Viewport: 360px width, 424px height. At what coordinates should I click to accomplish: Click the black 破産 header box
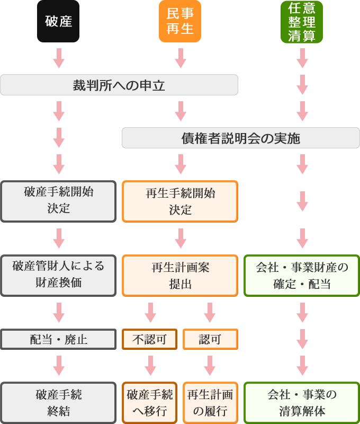click(58, 21)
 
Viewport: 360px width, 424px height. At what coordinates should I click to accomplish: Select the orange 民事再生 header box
click(180, 21)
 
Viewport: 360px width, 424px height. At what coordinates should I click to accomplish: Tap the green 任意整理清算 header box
click(302, 21)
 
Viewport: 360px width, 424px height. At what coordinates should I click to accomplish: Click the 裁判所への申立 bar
click(119, 85)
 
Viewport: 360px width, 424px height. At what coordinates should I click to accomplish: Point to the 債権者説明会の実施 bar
click(241, 138)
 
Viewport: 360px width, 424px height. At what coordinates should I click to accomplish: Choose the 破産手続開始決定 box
click(58, 201)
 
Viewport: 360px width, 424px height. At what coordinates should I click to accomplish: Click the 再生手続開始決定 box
click(180, 201)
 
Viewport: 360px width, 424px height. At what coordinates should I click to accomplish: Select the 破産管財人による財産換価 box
click(58, 275)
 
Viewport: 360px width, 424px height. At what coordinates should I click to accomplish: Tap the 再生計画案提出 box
click(180, 275)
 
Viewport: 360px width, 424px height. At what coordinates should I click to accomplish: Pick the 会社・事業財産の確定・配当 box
click(302, 275)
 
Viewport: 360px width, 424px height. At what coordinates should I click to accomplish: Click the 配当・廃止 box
click(58, 339)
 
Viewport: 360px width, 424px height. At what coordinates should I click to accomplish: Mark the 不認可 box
click(150, 339)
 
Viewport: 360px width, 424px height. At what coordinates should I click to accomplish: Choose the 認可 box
click(210, 339)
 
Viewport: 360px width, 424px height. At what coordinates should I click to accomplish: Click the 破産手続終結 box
click(58, 403)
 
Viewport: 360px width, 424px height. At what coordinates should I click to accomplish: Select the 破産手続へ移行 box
click(150, 403)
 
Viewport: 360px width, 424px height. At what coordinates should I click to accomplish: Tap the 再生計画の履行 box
click(210, 403)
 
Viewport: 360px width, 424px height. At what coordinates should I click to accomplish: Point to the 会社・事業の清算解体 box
click(302, 403)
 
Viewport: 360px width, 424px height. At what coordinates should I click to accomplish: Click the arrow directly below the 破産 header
click(59, 58)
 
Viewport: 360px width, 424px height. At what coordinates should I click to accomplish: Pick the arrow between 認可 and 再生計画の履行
click(210, 365)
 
